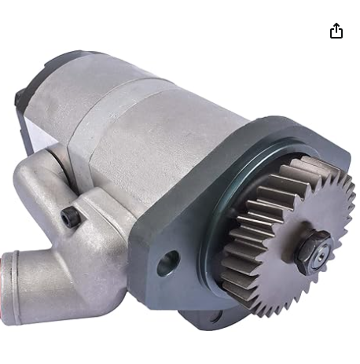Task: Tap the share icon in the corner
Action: (336, 31)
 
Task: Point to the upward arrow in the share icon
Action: (336, 27)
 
